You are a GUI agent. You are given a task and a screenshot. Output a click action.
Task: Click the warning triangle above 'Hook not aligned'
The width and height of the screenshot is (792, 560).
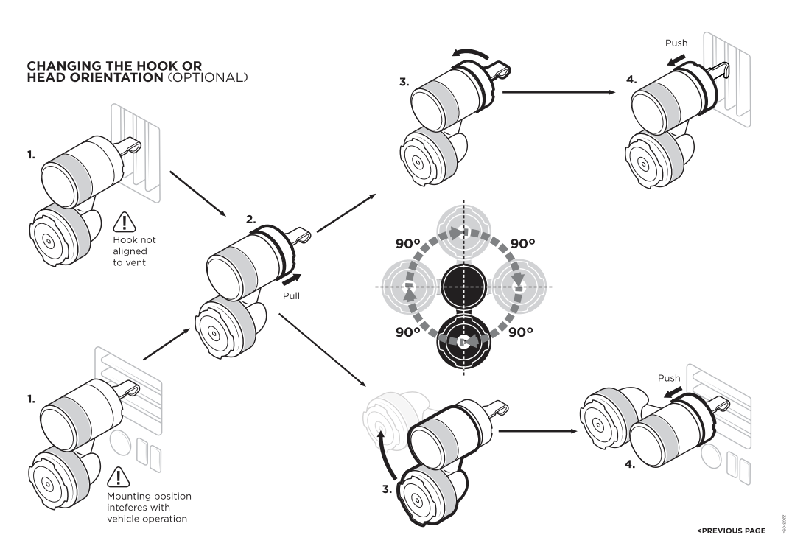pos(125,223)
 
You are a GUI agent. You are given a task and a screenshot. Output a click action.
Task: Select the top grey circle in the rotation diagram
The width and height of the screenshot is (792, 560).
pos(463,231)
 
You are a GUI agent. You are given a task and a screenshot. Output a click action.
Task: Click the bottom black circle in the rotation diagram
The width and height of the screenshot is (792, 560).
pos(463,341)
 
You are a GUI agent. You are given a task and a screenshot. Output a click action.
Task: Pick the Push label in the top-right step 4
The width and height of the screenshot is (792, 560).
pos(676,43)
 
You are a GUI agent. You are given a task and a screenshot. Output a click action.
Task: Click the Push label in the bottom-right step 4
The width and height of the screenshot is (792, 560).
pos(669,378)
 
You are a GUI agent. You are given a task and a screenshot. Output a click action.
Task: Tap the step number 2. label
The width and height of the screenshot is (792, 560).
pos(251,219)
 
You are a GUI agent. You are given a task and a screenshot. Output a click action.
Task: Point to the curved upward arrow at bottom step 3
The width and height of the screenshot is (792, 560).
pos(385,455)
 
